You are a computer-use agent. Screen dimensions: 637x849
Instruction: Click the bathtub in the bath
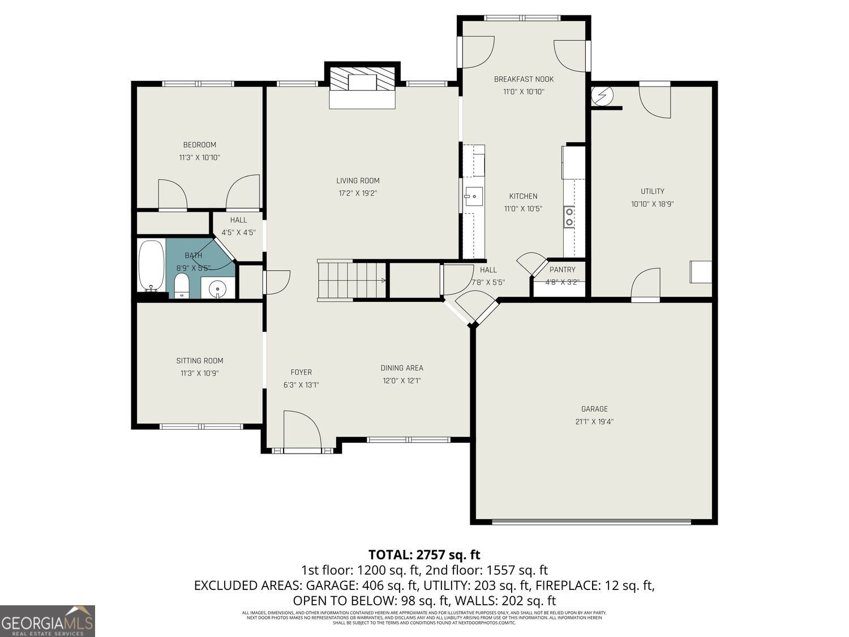coord(151,265)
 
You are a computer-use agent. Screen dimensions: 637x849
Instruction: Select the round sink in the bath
coord(218,289)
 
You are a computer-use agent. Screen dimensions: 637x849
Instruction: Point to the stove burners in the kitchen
coord(569,217)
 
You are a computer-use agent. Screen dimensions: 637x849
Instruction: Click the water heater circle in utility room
coord(601,95)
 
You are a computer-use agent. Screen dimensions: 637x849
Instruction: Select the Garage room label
coord(594,409)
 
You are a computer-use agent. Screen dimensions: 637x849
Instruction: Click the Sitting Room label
coord(199,361)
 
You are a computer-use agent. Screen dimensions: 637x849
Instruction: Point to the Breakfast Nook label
coord(524,79)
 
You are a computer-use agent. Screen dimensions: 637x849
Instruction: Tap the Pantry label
coord(562,270)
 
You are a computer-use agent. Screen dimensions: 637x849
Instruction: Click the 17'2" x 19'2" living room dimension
coord(358,193)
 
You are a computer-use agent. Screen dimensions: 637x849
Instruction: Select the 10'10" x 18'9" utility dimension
coord(652,204)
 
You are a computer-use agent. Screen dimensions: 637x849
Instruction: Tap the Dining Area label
coord(402,368)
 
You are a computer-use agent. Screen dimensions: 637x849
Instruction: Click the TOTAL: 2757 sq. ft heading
coord(424,554)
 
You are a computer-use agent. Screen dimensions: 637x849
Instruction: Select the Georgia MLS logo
coord(48,621)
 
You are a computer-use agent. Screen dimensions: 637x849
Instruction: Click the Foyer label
coord(301,372)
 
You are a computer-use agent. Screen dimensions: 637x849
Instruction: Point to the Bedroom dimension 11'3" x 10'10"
coord(199,157)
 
